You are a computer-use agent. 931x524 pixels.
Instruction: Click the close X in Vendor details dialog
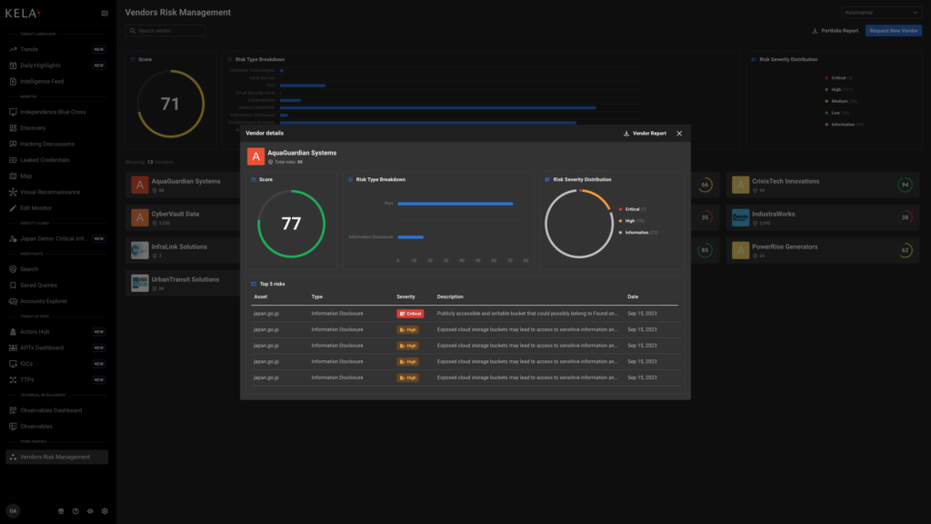click(x=679, y=134)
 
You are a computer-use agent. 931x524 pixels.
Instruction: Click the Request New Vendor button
click(x=894, y=31)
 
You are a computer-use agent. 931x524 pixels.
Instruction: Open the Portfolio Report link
click(x=835, y=31)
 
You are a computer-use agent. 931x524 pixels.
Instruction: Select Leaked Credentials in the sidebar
click(x=45, y=160)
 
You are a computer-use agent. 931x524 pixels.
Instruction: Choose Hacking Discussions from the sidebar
click(x=47, y=144)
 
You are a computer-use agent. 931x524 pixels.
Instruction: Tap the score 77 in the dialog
click(x=291, y=224)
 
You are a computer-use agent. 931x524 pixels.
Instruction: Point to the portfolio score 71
click(x=170, y=104)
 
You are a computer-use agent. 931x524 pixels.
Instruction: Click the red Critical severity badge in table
click(x=410, y=314)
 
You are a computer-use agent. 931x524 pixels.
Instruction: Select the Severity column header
click(x=406, y=297)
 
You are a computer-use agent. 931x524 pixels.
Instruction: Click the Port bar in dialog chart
click(x=455, y=204)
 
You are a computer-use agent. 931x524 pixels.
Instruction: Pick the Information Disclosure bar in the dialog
click(x=410, y=237)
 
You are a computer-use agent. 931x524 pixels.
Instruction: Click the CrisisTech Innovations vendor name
click(x=786, y=181)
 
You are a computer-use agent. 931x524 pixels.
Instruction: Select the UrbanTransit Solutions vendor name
click(x=185, y=279)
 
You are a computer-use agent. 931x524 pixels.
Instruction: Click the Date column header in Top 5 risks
click(x=633, y=297)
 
